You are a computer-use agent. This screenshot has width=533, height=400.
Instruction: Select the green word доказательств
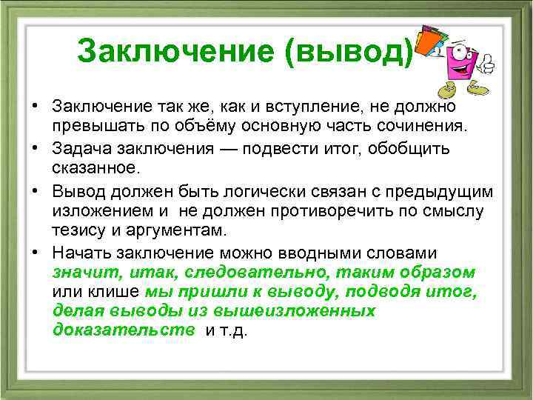pos(124,330)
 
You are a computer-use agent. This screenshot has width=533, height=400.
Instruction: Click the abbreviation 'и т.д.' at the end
pos(227,330)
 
